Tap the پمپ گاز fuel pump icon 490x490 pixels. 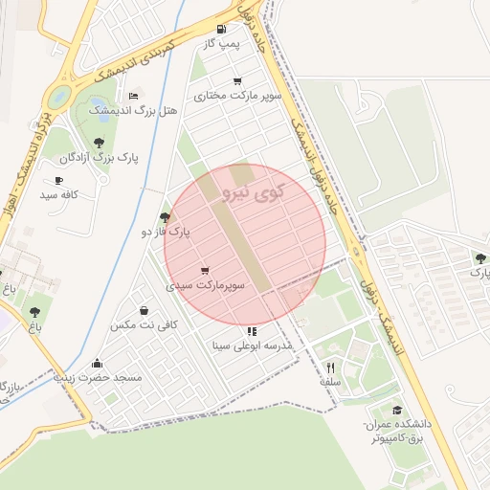click(222, 29)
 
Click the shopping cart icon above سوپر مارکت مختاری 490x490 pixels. click(236, 81)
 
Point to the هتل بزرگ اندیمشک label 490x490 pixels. click(133, 111)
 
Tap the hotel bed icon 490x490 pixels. click(133, 96)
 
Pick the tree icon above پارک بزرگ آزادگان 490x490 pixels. click(100, 143)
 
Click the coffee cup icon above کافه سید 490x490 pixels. click(59, 180)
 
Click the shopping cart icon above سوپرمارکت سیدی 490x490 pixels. click(205, 271)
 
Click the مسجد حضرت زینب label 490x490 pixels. click(98, 378)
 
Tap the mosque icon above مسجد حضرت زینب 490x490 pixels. click(98, 364)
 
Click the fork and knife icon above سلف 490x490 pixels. click(330, 367)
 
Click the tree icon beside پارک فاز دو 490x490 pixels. click(166, 218)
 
